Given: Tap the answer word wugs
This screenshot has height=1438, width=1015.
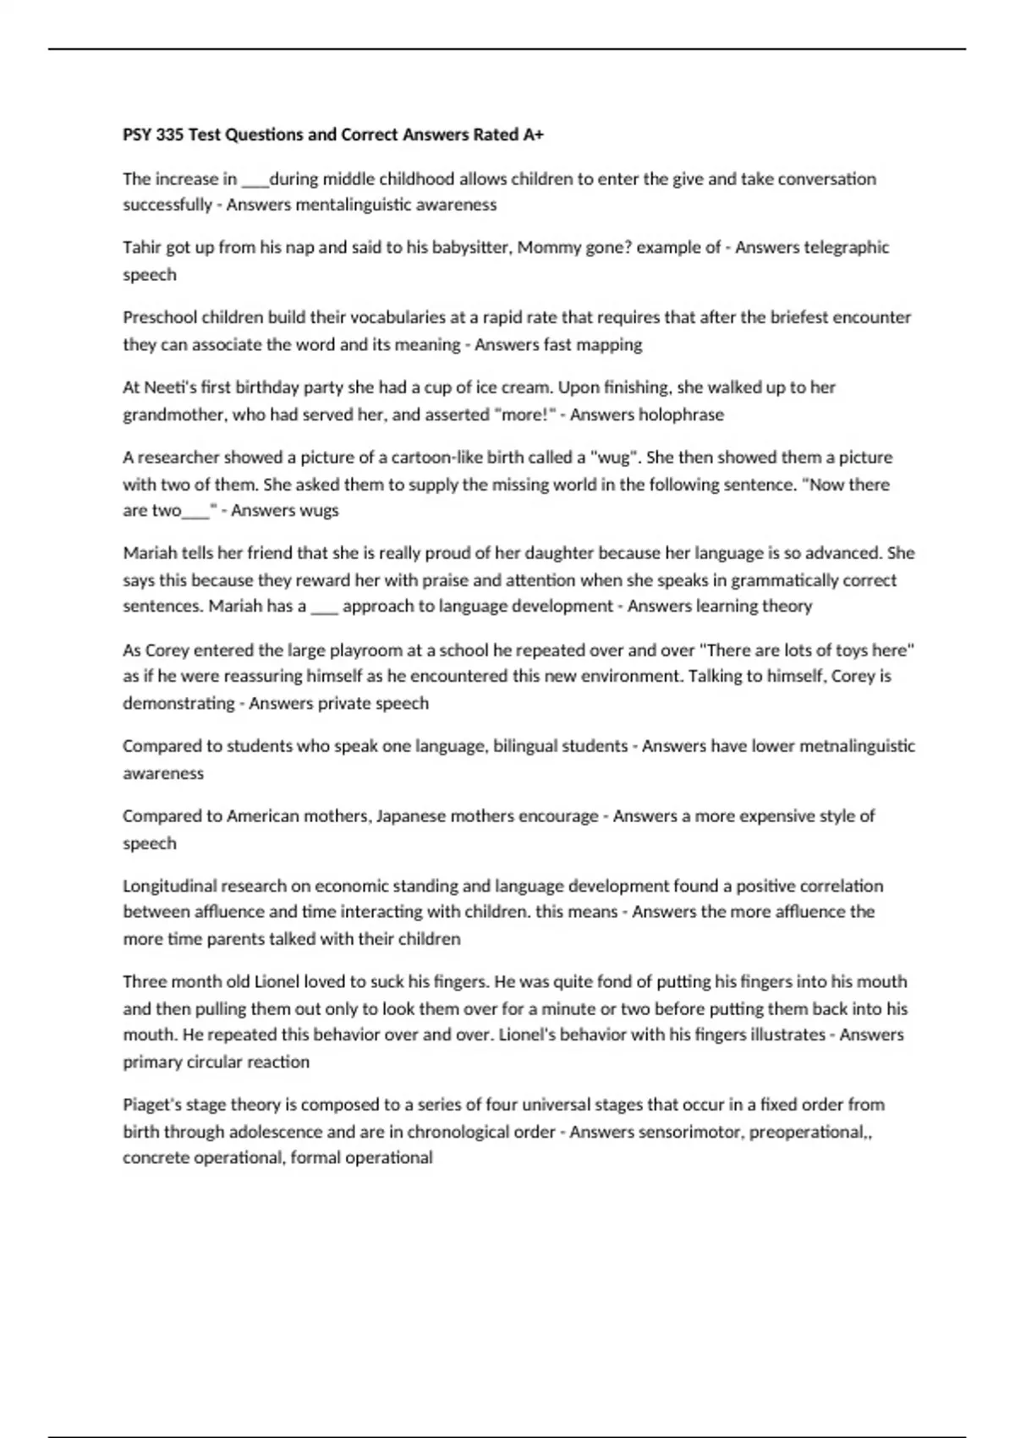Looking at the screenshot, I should [x=318, y=510].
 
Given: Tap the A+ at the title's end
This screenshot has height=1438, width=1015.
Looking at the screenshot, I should [x=533, y=134].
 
